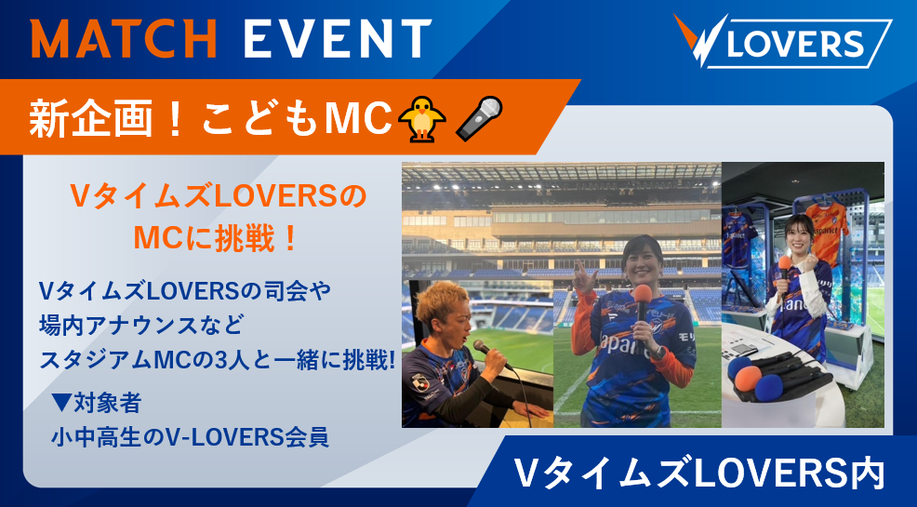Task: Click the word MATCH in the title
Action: (124, 38)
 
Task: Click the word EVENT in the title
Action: (338, 38)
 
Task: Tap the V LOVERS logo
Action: (782, 41)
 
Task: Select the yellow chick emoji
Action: (421, 119)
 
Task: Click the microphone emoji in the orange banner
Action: (479, 119)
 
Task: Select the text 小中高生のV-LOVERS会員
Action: (190, 437)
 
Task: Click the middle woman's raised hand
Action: (584, 276)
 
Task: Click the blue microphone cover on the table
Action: (768, 387)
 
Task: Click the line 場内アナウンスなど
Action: (140, 326)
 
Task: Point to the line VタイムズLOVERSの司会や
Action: (185, 291)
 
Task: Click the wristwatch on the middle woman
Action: (658, 353)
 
